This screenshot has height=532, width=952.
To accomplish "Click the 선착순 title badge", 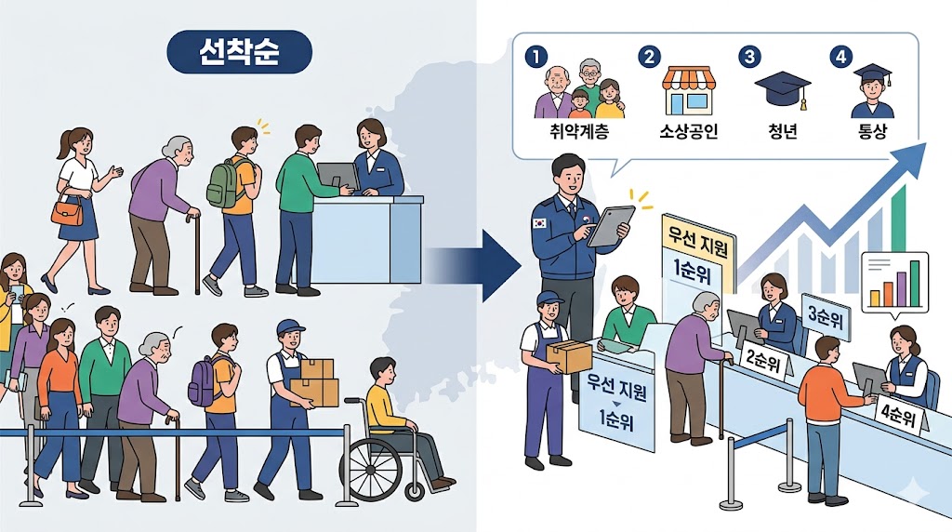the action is (x=239, y=52).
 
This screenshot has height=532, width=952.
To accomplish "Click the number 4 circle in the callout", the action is (x=841, y=57).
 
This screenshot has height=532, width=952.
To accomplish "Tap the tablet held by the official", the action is (x=610, y=226).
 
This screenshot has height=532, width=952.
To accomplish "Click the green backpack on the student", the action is (x=223, y=182).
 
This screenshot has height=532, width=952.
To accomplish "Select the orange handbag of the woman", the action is (x=67, y=212).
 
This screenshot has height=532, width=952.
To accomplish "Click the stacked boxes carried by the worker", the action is (x=314, y=380).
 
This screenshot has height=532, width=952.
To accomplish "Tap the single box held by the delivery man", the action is (x=569, y=354).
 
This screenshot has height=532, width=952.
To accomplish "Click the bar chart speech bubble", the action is (x=894, y=281).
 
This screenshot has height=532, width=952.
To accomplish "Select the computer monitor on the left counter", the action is (x=337, y=175).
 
